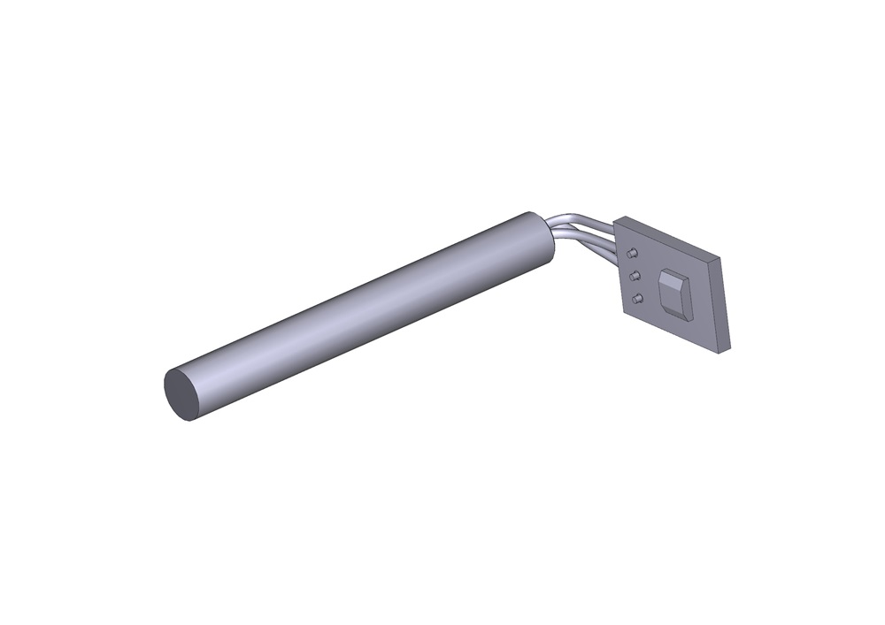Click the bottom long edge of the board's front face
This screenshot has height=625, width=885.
[x=673, y=332]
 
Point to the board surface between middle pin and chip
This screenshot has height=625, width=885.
[x=649, y=281]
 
